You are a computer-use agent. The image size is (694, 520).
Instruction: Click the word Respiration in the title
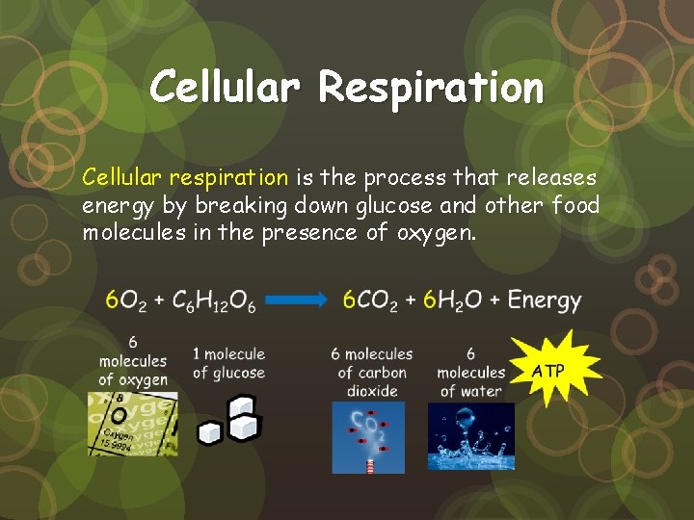(x=431, y=89)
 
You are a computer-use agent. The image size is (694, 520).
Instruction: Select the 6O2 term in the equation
(x=125, y=300)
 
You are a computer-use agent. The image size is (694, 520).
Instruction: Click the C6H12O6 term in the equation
(x=214, y=300)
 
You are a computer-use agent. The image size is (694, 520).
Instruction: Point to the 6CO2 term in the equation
(x=370, y=300)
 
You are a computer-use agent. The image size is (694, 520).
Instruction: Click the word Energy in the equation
(x=545, y=300)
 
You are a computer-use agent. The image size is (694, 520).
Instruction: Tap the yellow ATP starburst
(x=549, y=370)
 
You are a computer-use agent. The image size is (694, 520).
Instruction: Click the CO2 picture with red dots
(x=368, y=435)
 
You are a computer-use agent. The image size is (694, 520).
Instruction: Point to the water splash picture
(x=470, y=435)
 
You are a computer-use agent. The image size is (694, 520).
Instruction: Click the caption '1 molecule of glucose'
(x=228, y=363)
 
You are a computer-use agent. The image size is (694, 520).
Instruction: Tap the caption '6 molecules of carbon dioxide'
(x=372, y=373)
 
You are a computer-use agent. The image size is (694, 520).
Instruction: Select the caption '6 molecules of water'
(x=470, y=373)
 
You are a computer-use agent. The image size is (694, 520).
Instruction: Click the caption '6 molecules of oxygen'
(x=133, y=360)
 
